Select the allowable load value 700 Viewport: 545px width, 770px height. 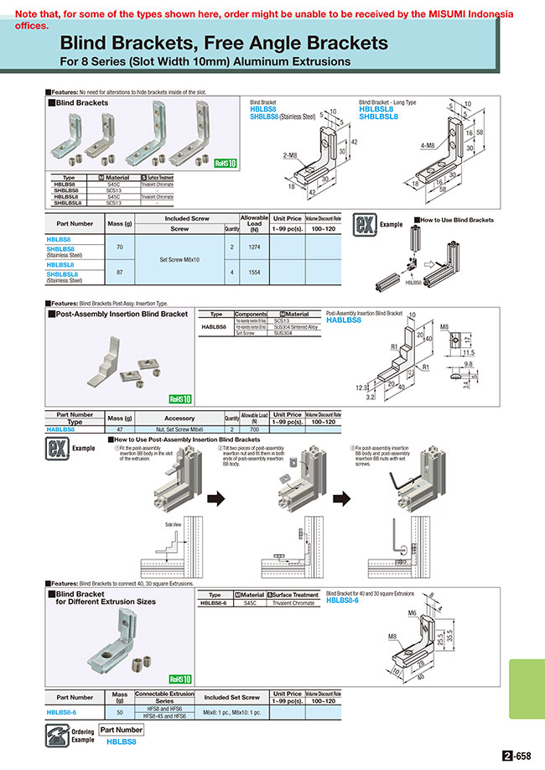pyautogui.click(x=254, y=429)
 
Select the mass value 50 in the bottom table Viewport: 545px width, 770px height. pyautogui.click(x=119, y=712)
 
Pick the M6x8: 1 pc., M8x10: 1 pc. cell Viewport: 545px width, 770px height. pyautogui.click(x=232, y=712)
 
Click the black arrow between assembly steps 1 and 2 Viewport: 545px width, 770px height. pyautogui.click(x=216, y=499)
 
